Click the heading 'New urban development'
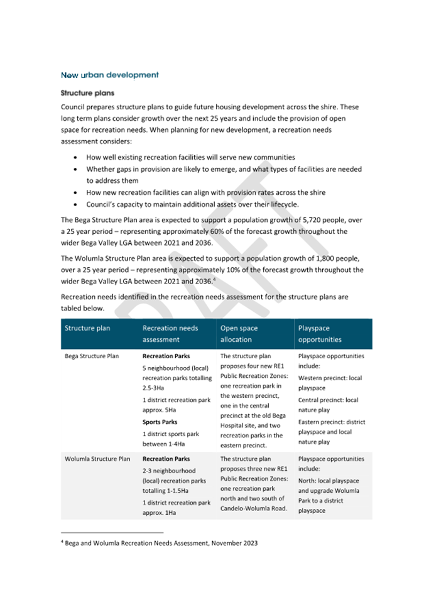109,75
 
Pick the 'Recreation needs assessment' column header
170,334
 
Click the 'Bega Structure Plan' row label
92,356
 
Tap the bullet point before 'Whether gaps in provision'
76,170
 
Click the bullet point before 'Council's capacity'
76,204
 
